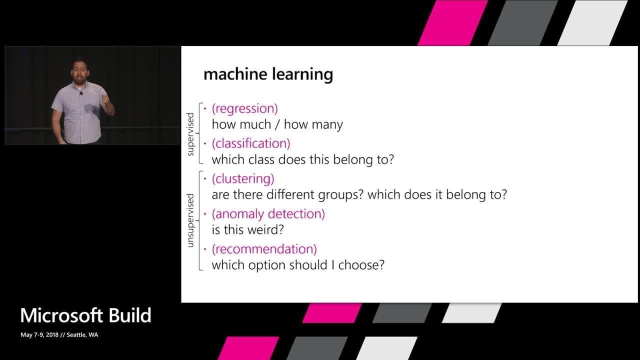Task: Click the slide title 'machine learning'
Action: (268, 74)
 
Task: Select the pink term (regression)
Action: (244, 108)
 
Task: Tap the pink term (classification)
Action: (251, 143)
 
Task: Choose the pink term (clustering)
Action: (243, 178)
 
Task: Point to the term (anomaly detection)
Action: (268, 214)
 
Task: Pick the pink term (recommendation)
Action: (264, 249)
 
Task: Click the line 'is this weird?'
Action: (248, 230)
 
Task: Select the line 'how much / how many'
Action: (277, 124)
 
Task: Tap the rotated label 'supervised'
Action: (190, 134)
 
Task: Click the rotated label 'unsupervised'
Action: (190, 220)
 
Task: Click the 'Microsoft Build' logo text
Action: (85, 315)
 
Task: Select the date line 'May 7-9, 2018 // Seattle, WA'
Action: (59, 335)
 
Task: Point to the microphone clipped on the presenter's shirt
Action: (80, 93)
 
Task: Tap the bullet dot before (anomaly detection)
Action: (205, 213)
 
